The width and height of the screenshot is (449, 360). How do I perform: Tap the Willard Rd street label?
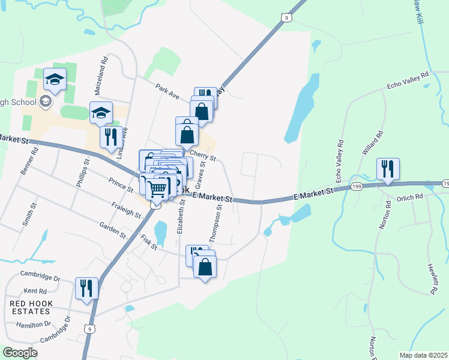click(x=372, y=143)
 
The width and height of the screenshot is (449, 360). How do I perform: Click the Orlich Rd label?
click(x=411, y=196)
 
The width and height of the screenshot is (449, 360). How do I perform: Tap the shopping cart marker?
click(x=157, y=190)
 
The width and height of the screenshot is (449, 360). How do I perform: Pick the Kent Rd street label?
click(x=35, y=290)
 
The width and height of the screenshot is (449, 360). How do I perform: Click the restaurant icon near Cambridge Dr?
click(x=86, y=288)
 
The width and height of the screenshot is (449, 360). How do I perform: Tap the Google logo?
click(x=20, y=353)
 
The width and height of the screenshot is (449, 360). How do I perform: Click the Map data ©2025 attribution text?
click(x=424, y=355)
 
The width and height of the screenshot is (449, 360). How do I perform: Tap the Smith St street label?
click(x=28, y=215)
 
